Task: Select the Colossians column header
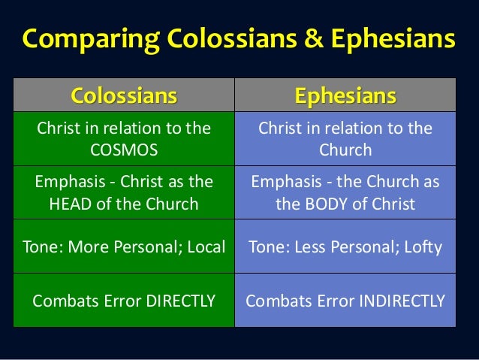(x=124, y=95)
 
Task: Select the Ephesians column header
(x=345, y=95)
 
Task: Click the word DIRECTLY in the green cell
(x=177, y=301)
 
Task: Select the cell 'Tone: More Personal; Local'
(x=124, y=246)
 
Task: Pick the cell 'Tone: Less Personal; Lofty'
(x=345, y=246)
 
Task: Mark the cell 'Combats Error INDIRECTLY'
(x=345, y=301)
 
